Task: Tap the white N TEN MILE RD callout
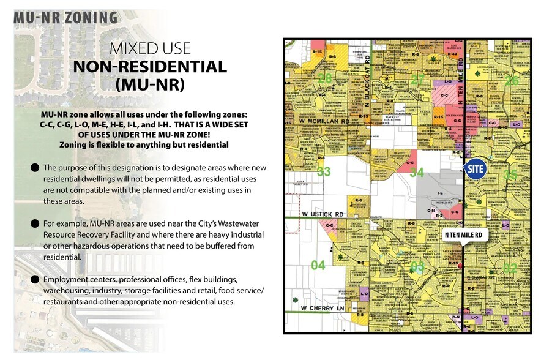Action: tap(463, 234)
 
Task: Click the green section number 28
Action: tap(324, 78)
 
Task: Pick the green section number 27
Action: tap(417, 79)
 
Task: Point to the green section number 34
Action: tap(417, 173)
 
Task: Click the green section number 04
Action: tap(318, 266)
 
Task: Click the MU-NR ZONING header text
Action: tap(66, 18)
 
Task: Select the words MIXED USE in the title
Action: tap(150, 48)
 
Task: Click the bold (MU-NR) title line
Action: tap(150, 84)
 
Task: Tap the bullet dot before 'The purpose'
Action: tap(34, 168)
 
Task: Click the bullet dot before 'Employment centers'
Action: tap(34, 279)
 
